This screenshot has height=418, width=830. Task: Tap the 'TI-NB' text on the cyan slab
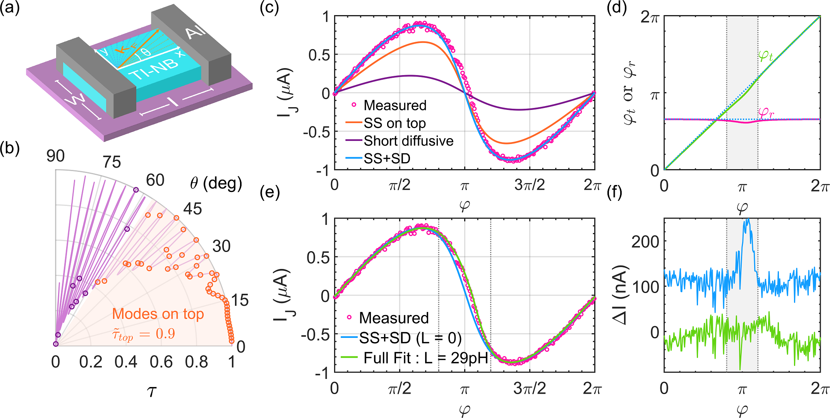click(155, 70)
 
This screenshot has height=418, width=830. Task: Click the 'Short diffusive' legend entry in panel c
click(408, 141)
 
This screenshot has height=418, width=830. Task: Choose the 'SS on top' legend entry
click(394, 123)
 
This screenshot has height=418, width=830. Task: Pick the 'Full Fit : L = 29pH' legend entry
click(425, 358)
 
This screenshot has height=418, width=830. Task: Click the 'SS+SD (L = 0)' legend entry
click(410, 338)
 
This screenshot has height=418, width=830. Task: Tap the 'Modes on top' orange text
click(158, 314)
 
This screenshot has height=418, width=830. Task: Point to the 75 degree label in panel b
click(112, 162)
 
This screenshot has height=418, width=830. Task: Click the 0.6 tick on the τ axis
click(161, 362)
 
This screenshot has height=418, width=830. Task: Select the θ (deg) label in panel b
click(216, 183)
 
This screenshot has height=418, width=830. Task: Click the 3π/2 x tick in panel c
click(529, 185)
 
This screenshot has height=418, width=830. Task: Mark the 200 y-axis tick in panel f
click(645, 242)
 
